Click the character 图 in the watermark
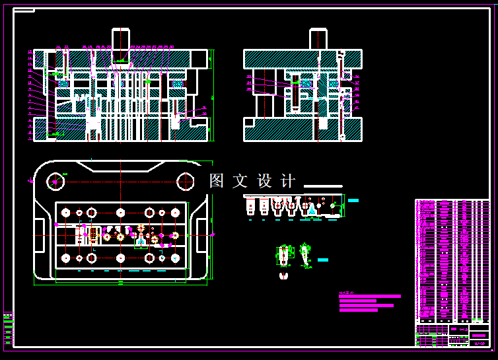coord(217,181)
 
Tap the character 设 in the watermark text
coord(264,181)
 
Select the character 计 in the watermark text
coord(288,181)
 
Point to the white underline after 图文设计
coord(322,186)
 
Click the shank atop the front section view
coord(121,40)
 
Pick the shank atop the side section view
coord(318,39)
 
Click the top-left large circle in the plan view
coord(55,180)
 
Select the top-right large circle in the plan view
coord(186,180)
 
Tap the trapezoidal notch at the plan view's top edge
coord(120,166)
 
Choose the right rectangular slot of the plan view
coord(201,227)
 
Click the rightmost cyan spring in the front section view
coord(177,84)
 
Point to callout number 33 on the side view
coord(248,77)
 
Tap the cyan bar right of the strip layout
coord(353,200)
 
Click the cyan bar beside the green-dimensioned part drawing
coord(322,260)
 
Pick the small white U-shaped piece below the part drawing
coord(284,275)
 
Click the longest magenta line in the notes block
coord(370,297)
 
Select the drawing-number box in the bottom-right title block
coord(479,336)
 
